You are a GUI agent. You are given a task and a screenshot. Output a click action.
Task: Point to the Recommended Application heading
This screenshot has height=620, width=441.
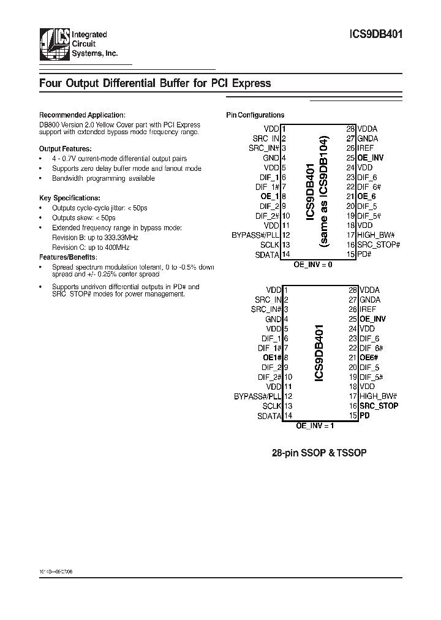pos(82,115)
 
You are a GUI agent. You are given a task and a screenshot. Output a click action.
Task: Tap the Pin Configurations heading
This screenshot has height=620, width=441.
pos(255,115)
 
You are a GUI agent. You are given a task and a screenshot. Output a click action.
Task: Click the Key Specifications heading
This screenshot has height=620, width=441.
pos(69,198)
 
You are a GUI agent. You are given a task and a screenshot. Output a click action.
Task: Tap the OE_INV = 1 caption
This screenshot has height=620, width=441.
pos(315,425)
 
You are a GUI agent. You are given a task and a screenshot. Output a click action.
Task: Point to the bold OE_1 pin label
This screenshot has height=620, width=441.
pos(269,196)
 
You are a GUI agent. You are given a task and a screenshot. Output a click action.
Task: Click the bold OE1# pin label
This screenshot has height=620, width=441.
pos(271,357)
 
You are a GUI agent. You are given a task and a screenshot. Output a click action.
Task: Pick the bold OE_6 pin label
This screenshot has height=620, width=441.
pos(366,196)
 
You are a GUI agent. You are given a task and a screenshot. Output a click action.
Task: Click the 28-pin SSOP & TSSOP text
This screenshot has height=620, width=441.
pos(318,454)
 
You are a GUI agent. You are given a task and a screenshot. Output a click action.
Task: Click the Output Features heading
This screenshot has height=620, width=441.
pos(66,148)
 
